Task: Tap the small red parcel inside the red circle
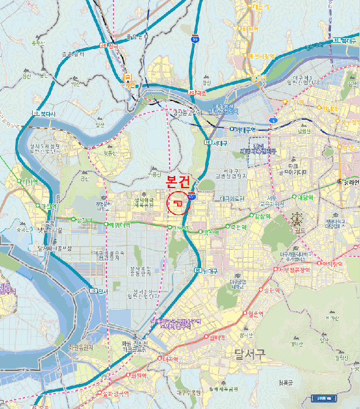pos(176,203)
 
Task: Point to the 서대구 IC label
pos(217,143)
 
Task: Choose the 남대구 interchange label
pos(206,271)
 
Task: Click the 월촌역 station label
pos(254,314)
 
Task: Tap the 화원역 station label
pos(136,375)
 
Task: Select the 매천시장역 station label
pos(259,56)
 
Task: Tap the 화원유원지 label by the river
pos(81,347)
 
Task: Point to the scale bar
pos(323,398)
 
